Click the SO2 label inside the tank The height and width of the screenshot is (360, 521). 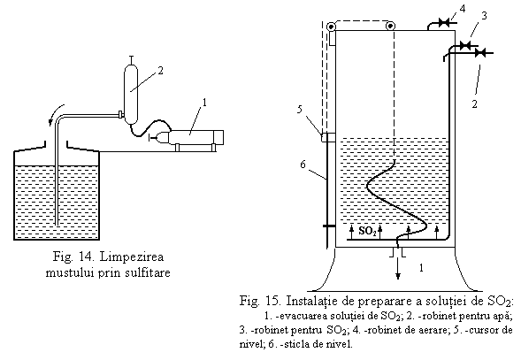(x=368, y=231)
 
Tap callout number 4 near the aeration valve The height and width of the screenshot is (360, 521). (x=463, y=8)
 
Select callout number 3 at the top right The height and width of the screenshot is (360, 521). (x=484, y=16)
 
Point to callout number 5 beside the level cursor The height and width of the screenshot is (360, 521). (x=300, y=109)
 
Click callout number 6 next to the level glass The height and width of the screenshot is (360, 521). (x=303, y=164)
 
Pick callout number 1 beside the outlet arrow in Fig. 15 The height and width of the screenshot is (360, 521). (x=421, y=268)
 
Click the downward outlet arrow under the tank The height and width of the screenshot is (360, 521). (x=398, y=268)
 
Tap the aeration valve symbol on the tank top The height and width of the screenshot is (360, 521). (x=444, y=23)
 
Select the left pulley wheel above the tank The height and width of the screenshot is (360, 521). (x=332, y=27)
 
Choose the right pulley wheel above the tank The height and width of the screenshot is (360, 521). (x=390, y=26)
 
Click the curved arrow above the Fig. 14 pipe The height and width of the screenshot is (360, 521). (x=54, y=113)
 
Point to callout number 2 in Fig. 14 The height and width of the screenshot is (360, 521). (x=160, y=71)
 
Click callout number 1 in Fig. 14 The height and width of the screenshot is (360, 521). (x=204, y=103)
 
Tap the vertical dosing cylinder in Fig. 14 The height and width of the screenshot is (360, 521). (x=131, y=94)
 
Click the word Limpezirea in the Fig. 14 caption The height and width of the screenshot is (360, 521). (x=131, y=257)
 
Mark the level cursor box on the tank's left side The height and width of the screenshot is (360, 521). (x=328, y=137)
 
